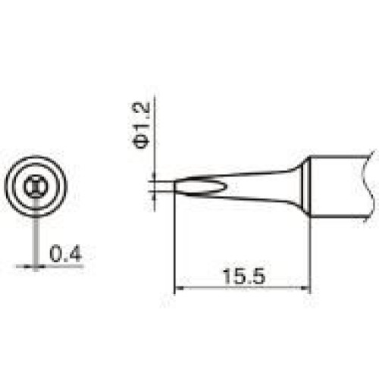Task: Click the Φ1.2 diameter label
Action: (x=141, y=125)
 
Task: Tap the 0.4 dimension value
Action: (x=65, y=254)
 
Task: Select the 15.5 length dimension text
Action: (x=244, y=277)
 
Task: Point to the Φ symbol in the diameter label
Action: (x=141, y=141)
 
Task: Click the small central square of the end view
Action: (x=36, y=186)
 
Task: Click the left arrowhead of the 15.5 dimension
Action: (x=179, y=288)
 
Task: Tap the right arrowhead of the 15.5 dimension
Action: (x=305, y=288)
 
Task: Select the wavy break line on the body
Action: (x=368, y=186)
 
